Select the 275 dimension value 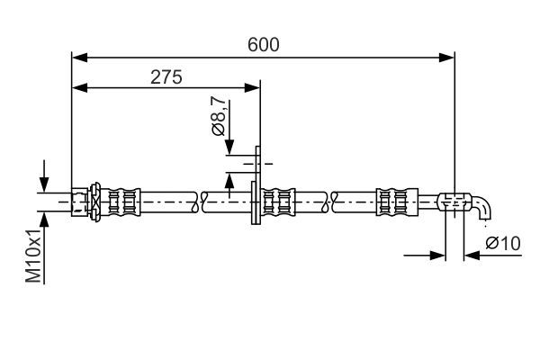point(166,76)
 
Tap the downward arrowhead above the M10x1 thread point(42,184)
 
